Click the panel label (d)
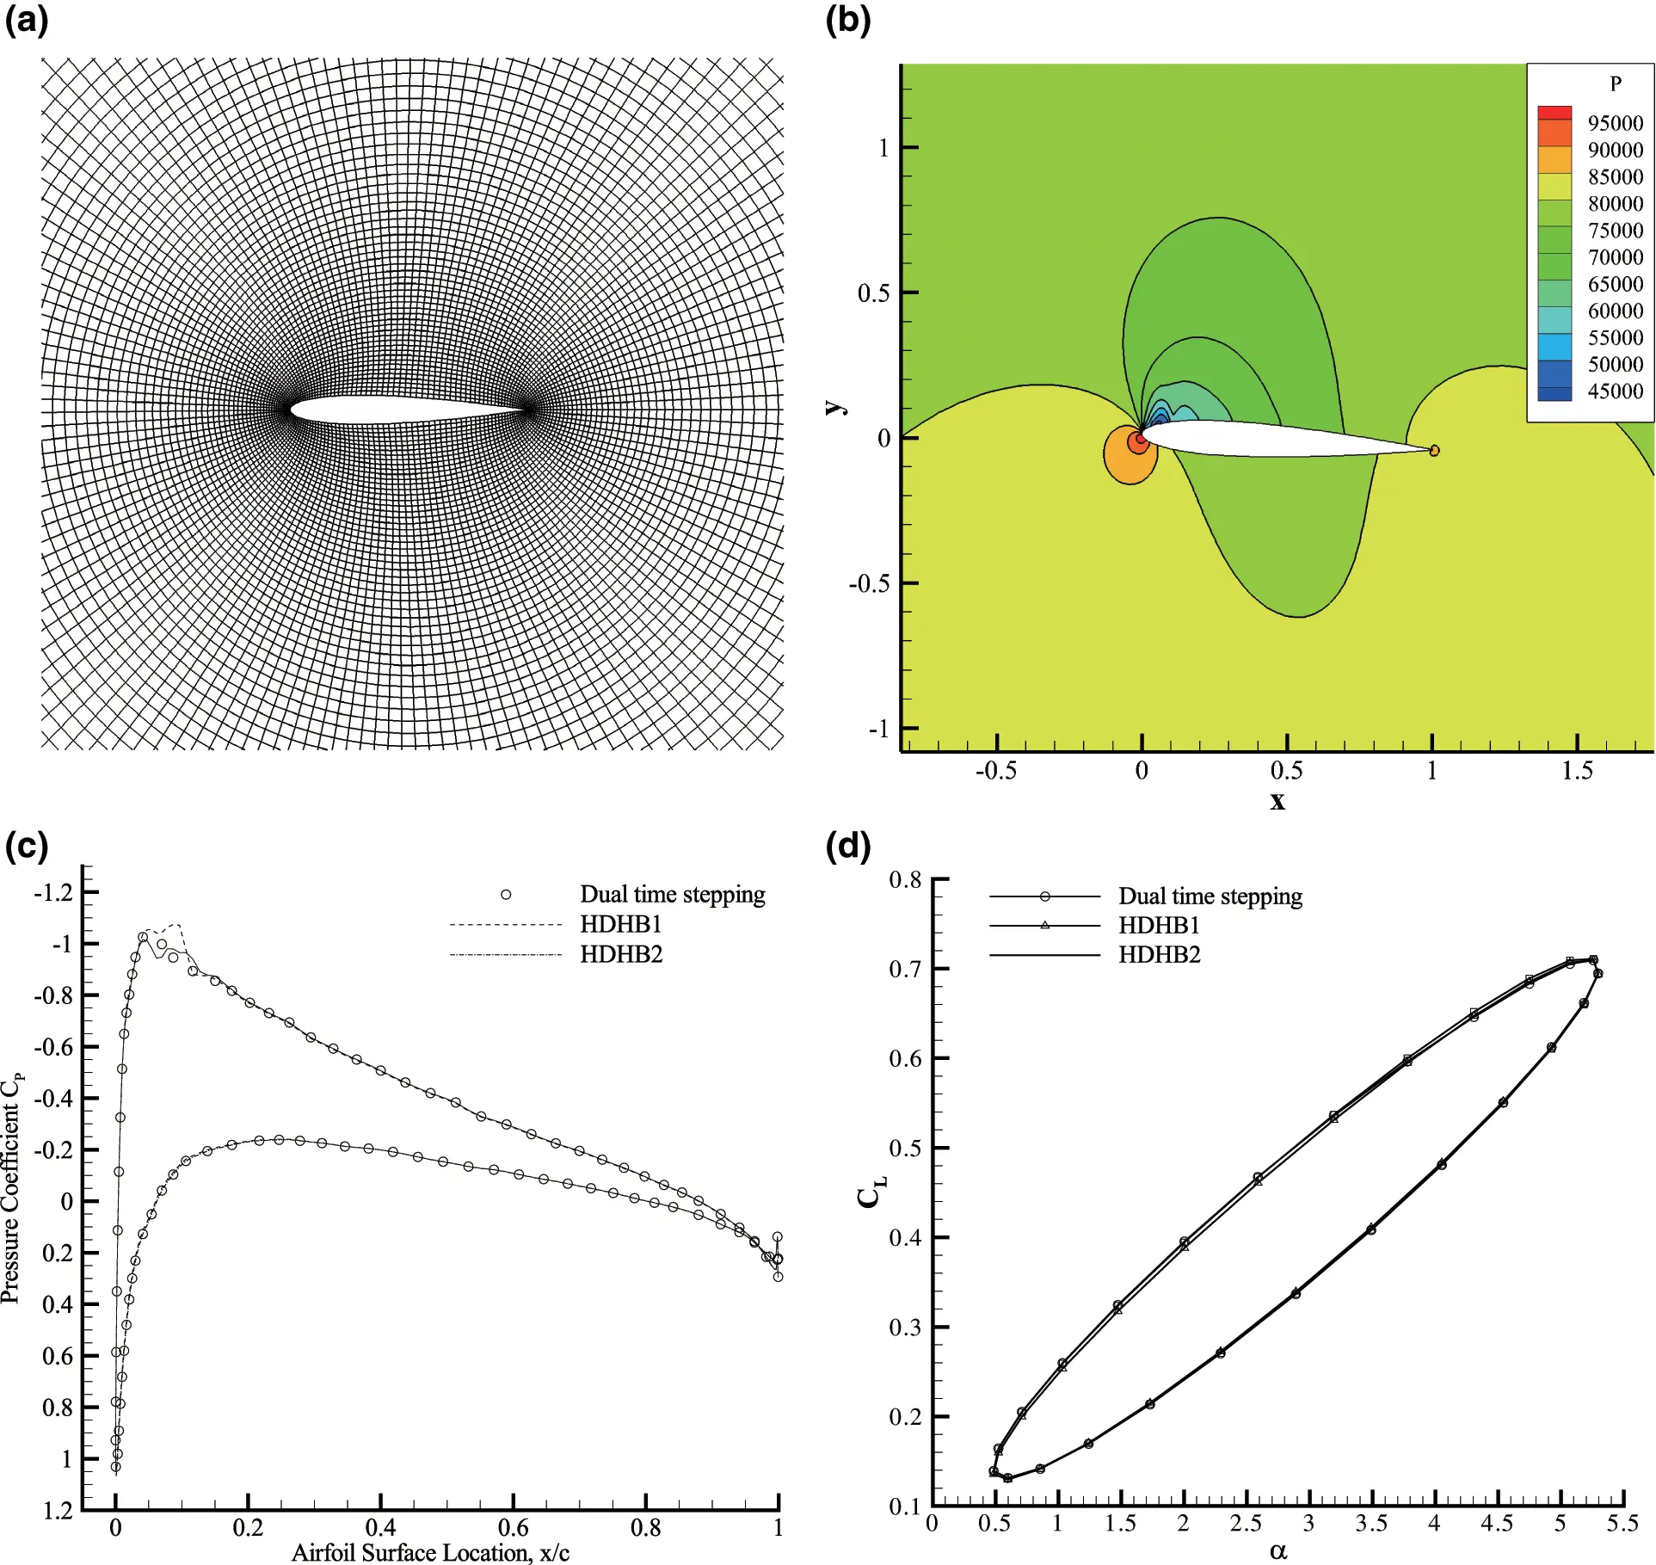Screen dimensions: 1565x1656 (x=847, y=847)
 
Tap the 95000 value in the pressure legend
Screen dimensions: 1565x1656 (x=1615, y=123)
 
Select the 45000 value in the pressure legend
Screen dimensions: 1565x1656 (x=1615, y=391)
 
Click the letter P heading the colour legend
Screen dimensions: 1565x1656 (x=1615, y=83)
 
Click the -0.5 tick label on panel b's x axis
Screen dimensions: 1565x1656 (x=995, y=771)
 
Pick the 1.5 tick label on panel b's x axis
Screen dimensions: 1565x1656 (x=1577, y=771)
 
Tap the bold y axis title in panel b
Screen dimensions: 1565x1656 (x=834, y=407)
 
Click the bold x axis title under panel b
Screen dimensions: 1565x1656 (x=1277, y=801)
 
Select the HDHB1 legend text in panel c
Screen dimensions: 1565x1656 (x=620, y=925)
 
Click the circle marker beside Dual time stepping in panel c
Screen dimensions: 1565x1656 (x=506, y=895)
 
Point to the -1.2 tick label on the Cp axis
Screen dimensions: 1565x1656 (x=53, y=892)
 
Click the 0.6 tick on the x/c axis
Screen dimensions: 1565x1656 (x=514, y=1528)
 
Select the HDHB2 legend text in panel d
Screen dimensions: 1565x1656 (x=1159, y=955)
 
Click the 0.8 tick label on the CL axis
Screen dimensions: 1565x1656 (x=905, y=880)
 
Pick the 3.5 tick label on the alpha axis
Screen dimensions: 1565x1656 (x=1371, y=1524)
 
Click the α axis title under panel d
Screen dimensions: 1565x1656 (x=1277, y=1551)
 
